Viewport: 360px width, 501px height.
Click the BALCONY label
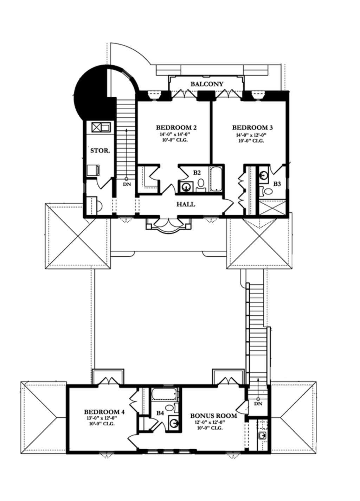point(207,84)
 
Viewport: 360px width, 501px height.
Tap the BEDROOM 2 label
point(176,128)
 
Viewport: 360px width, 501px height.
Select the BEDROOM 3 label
point(252,128)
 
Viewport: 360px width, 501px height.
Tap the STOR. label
point(100,151)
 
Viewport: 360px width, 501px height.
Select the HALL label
point(186,204)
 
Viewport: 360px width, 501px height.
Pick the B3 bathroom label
point(277,184)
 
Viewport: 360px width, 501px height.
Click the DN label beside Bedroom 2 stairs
point(127,185)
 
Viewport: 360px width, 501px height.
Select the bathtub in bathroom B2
point(216,179)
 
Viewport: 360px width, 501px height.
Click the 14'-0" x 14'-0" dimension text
point(176,134)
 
